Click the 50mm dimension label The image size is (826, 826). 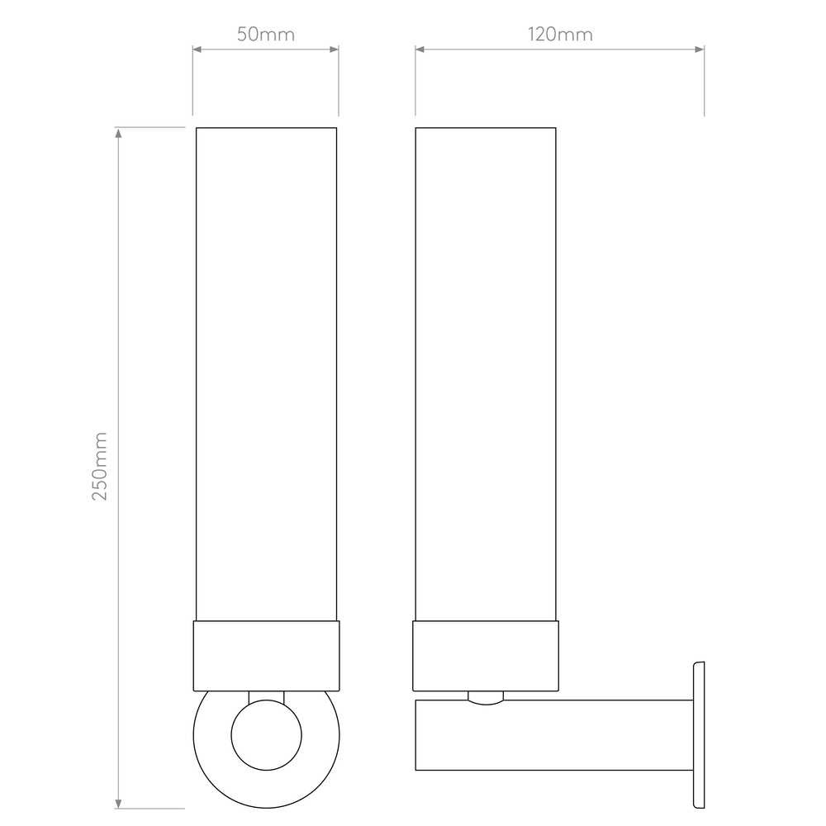click(x=265, y=35)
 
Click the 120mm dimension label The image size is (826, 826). click(x=560, y=35)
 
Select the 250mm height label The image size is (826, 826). click(x=100, y=466)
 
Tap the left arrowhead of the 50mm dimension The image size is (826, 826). click(x=197, y=50)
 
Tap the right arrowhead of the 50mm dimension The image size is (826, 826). click(x=334, y=50)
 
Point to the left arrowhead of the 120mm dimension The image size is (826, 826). click(x=420, y=50)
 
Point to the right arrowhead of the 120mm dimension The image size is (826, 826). click(x=700, y=50)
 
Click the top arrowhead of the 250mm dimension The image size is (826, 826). click(x=118, y=133)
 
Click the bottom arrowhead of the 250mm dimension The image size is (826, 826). click(x=118, y=804)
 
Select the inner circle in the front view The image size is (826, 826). click(x=267, y=700)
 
